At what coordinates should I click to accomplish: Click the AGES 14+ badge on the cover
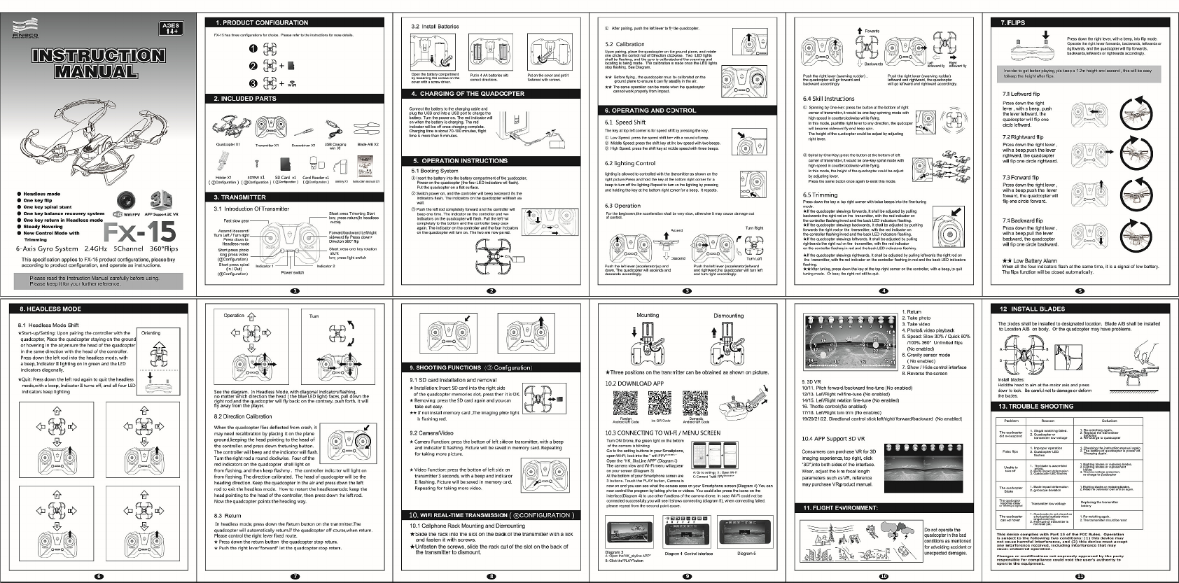point(171,29)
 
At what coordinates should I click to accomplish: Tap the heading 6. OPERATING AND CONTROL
point(650,110)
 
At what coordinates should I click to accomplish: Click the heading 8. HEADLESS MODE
point(50,309)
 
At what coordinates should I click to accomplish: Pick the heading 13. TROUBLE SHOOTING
point(1036,406)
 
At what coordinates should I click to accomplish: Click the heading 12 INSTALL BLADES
point(1032,309)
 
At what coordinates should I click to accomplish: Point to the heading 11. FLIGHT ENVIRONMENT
point(840,507)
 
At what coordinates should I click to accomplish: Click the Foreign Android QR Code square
point(625,403)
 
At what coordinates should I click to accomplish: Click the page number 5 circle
point(1080,290)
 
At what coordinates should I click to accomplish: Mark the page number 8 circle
point(491,576)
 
